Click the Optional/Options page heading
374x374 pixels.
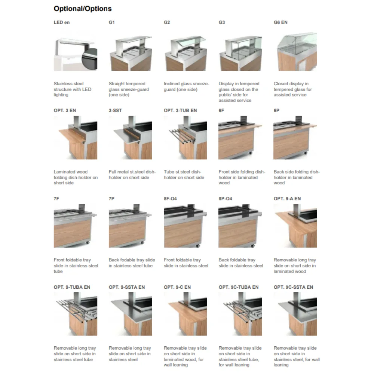[83, 9]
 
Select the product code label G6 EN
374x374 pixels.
[280, 22]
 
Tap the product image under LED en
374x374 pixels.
[75, 52]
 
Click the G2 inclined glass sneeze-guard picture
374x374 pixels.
[185, 52]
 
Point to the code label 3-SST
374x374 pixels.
[115, 111]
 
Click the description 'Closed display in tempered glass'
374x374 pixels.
[292, 89]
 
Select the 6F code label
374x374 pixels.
[222, 111]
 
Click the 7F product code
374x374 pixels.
[56, 199]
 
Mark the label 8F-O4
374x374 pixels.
[170, 199]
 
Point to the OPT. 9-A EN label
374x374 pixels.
[287, 199]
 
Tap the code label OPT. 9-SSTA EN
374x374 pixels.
[127, 287]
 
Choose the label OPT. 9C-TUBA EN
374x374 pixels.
[238, 287]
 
